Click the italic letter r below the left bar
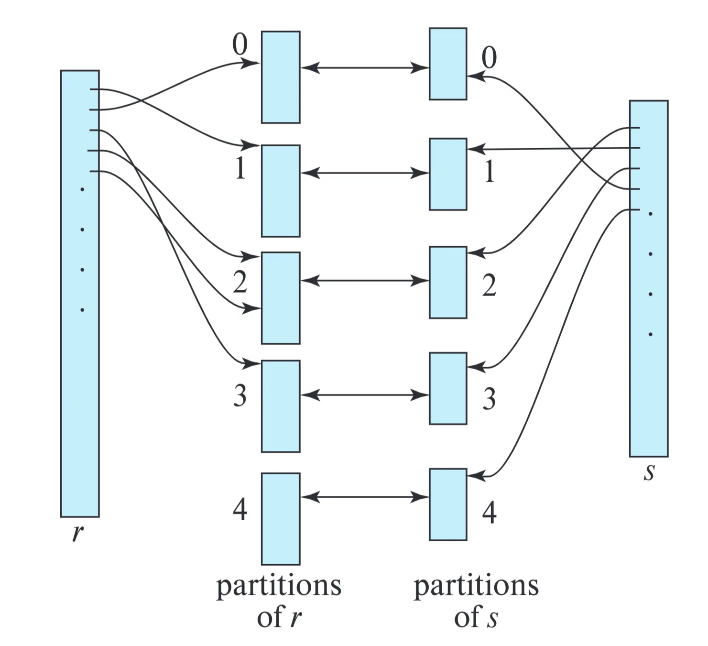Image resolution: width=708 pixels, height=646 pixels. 76,532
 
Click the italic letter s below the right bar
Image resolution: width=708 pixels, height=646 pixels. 648,472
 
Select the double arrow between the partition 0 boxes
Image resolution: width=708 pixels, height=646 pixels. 365,68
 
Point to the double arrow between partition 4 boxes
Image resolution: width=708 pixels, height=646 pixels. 365,497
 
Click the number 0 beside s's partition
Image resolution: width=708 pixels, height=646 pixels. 489,58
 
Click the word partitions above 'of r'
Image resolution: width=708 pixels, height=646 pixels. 279,586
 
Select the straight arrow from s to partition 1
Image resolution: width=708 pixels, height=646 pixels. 550,149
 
